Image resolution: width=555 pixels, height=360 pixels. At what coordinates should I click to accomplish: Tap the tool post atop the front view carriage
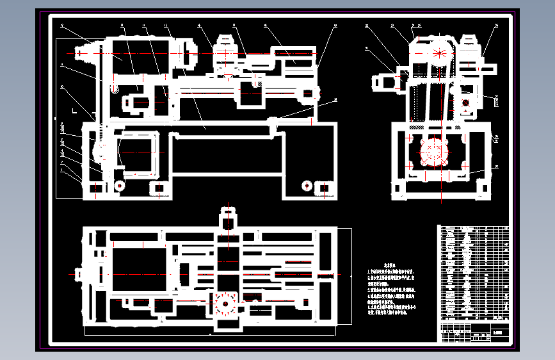[x=226, y=54]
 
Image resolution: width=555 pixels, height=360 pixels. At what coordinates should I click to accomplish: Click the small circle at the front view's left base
[x=118, y=185]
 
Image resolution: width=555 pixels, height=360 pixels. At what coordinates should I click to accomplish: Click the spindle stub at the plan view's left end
[x=79, y=275]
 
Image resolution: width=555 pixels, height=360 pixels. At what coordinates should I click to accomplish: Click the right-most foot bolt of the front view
[x=325, y=189]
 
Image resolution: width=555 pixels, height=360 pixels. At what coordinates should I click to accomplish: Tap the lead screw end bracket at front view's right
[x=309, y=94]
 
